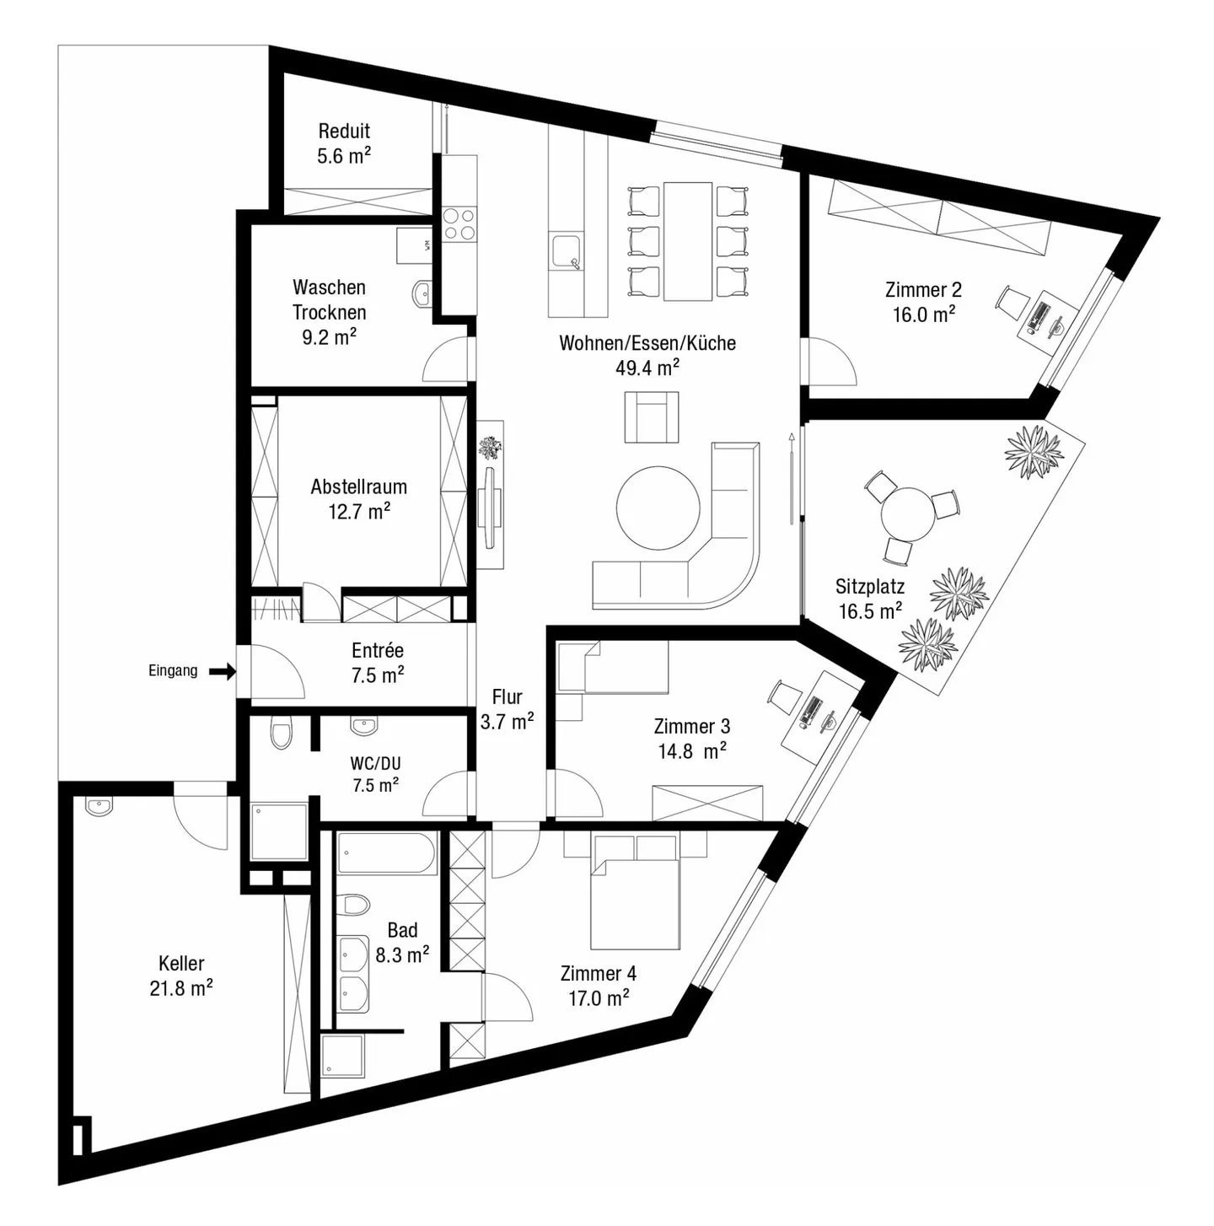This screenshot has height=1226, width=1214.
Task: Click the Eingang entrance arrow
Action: click(223, 671)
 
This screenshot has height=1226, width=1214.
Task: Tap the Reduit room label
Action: click(344, 131)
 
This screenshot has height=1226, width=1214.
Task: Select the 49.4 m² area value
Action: click(647, 368)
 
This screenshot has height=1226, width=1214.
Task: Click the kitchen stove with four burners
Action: click(459, 223)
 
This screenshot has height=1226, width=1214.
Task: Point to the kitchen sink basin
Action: click(564, 250)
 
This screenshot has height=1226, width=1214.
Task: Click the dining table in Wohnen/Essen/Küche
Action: click(688, 240)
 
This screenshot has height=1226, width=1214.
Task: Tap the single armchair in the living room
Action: click(651, 418)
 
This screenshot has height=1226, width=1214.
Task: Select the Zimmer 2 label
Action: click(923, 290)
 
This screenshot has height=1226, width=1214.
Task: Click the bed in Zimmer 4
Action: click(634, 902)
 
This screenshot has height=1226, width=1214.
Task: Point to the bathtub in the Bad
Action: click(387, 853)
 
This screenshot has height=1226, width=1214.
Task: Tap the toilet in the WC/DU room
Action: click(281, 734)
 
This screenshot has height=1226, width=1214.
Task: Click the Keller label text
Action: click(181, 963)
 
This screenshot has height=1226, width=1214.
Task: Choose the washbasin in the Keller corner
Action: click(98, 807)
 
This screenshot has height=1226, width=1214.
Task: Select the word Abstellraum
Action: click(358, 487)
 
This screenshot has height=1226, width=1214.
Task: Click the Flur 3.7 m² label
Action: click(507, 709)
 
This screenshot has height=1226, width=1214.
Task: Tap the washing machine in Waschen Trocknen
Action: click(414, 245)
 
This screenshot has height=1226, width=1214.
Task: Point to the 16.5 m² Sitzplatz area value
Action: click(869, 611)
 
